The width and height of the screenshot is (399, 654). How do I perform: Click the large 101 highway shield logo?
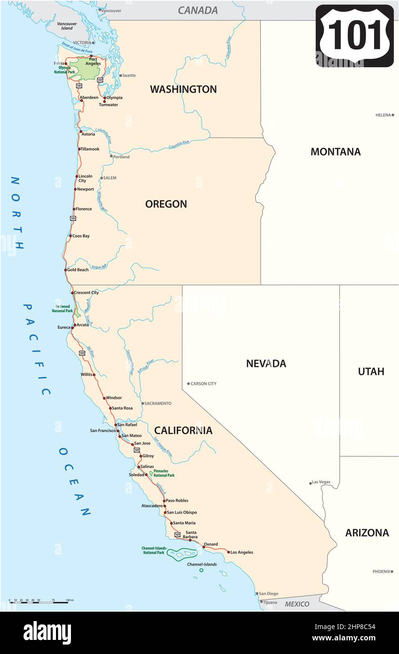tap(355, 36)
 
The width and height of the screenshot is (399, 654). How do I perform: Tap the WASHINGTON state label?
tap(183, 89)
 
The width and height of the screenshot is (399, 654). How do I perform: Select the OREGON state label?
tap(166, 204)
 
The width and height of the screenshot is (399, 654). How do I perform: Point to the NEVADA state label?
tap(266, 363)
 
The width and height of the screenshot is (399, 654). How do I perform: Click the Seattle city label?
tap(129, 75)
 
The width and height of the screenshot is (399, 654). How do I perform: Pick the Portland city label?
tap(121, 157)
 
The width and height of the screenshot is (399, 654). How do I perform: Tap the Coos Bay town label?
tap(81, 236)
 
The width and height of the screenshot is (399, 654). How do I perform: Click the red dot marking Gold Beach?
tap(66, 270)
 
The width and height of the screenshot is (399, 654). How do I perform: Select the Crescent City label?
tap(87, 293)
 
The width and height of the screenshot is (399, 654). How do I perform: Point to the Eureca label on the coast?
tap(64, 327)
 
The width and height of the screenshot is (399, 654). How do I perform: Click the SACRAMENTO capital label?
tap(158, 403)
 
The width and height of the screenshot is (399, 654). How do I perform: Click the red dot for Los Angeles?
tap(229, 552)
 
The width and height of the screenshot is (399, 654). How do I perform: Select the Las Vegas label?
tap(321, 482)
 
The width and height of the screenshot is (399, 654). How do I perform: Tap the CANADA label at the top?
tap(197, 10)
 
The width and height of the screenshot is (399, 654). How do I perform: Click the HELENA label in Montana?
tap(383, 115)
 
